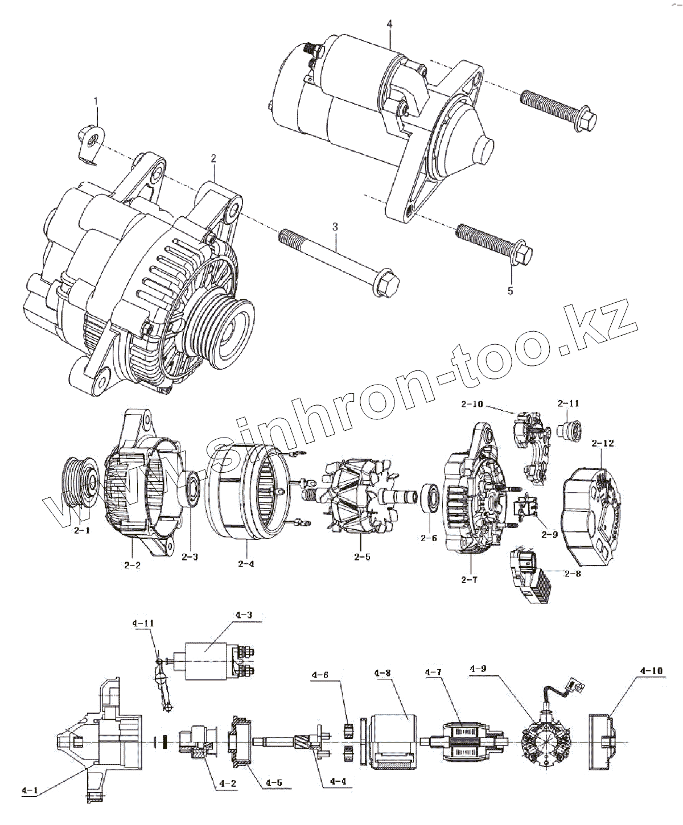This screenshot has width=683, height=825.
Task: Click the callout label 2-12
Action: [x=603, y=443]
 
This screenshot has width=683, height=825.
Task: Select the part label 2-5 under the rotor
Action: [x=361, y=557]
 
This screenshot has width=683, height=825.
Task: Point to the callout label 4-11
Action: [x=143, y=623]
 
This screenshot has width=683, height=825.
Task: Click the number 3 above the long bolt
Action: [x=335, y=227]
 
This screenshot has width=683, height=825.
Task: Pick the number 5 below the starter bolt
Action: [x=510, y=291]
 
